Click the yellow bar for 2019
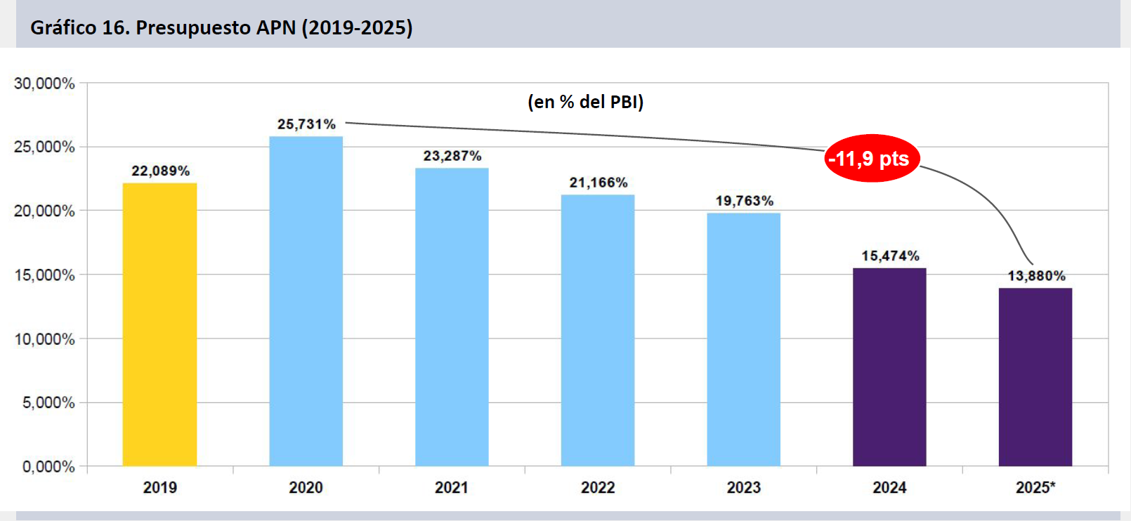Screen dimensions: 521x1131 point(159,324)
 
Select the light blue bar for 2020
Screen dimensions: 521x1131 point(306,301)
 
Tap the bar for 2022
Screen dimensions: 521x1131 point(598,330)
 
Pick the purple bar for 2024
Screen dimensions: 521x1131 point(889,367)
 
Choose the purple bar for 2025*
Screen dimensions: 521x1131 point(1035,377)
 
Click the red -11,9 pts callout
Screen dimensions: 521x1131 point(871,159)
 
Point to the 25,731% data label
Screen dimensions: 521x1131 point(306,124)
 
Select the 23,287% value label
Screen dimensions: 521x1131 point(452,156)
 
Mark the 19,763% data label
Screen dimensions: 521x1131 point(745,201)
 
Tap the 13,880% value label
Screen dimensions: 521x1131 point(1036,276)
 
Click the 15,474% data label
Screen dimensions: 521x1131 point(890,256)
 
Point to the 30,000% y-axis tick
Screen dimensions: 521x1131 point(44,84)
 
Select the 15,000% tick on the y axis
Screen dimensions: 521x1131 point(44,275)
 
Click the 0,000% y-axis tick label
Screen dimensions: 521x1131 point(48,467)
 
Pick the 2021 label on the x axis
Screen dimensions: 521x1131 point(452,487)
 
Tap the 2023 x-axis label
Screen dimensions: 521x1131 point(744,487)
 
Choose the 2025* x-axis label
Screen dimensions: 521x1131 point(1035,487)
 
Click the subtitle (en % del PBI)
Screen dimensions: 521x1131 point(585,102)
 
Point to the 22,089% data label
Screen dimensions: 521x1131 point(161,171)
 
